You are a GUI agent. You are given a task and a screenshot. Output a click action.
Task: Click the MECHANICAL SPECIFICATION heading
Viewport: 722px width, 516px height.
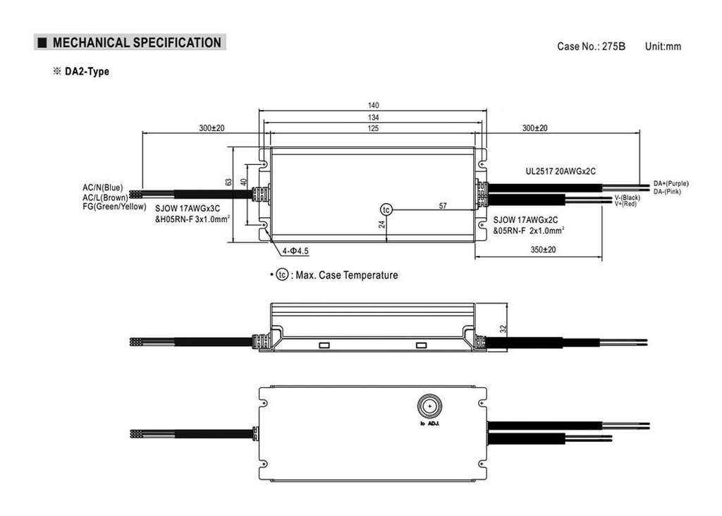[x=137, y=43]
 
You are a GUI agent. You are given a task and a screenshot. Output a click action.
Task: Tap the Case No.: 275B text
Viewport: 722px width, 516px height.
[x=592, y=47]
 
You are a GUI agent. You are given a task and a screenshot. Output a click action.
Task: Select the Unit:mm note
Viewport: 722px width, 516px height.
[x=663, y=47]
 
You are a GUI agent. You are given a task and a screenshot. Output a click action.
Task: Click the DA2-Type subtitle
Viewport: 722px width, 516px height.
[x=87, y=71]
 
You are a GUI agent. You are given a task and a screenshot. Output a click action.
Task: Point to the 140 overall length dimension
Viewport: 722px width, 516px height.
[x=373, y=106]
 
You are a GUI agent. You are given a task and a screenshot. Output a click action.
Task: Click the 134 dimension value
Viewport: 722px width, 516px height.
[x=373, y=118]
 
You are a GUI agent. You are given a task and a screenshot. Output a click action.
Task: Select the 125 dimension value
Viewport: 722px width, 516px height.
[x=373, y=128]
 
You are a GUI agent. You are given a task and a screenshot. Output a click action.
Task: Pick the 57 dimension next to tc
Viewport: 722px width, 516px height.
[x=443, y=206]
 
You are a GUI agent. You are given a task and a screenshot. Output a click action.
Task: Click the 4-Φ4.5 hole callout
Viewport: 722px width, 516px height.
[x=295, y=251]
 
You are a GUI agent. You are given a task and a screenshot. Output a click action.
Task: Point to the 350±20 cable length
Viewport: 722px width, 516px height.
[x=543, y=250]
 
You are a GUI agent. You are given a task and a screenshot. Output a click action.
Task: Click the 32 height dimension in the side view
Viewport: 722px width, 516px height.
[x=503, y=328]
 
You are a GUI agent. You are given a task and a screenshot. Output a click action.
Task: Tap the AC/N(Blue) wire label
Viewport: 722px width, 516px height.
[x=103, y=188]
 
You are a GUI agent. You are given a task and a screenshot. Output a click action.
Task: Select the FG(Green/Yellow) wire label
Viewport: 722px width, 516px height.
[x=114, y=207]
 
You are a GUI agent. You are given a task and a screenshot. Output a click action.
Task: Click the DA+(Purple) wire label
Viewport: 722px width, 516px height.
[x=671, y=184]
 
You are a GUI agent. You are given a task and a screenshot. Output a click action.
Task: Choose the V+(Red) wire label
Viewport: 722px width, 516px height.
[x=625, y=204]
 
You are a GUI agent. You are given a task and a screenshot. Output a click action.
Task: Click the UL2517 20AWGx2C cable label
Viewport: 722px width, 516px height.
[x=561, y=171]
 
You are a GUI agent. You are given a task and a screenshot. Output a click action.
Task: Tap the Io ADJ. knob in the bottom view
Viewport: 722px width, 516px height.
[x=429, y=407]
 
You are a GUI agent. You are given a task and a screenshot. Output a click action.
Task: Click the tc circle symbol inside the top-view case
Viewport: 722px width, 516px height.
[x=386, y=210]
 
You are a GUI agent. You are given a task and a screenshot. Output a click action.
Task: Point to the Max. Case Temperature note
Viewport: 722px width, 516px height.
[x=347, y=275]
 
